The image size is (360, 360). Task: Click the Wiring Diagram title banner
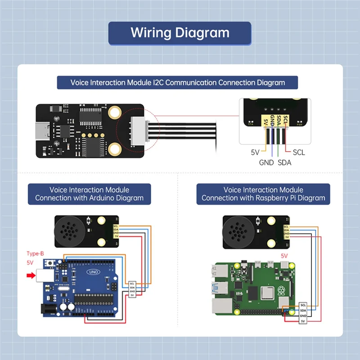click(x=180, y=33)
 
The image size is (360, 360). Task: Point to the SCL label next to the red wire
click(x=298, y=153)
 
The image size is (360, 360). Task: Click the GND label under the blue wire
click(x=266, y=162)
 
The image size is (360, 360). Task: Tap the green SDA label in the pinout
click(x=284, y=162)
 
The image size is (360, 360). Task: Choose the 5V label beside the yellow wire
click(x=255, y=153)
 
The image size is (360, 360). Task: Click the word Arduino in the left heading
click(x=107, y=198)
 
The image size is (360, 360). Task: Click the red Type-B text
click(x=35, y=254)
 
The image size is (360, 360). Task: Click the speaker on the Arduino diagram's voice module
click(x=67, y=231)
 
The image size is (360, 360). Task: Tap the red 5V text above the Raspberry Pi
click(x=284, y=256)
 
